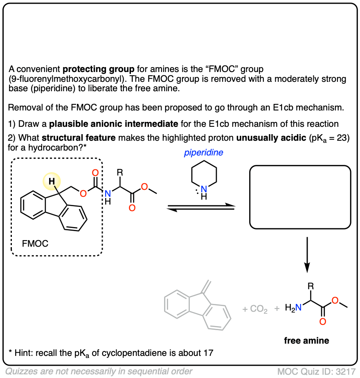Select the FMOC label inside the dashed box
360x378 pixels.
pos(35,244)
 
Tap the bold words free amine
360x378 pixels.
pos(306,340)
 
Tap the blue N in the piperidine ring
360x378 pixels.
pos(204,189)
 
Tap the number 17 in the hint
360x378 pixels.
pos(208,352)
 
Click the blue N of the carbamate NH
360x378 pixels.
pos(108,193)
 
